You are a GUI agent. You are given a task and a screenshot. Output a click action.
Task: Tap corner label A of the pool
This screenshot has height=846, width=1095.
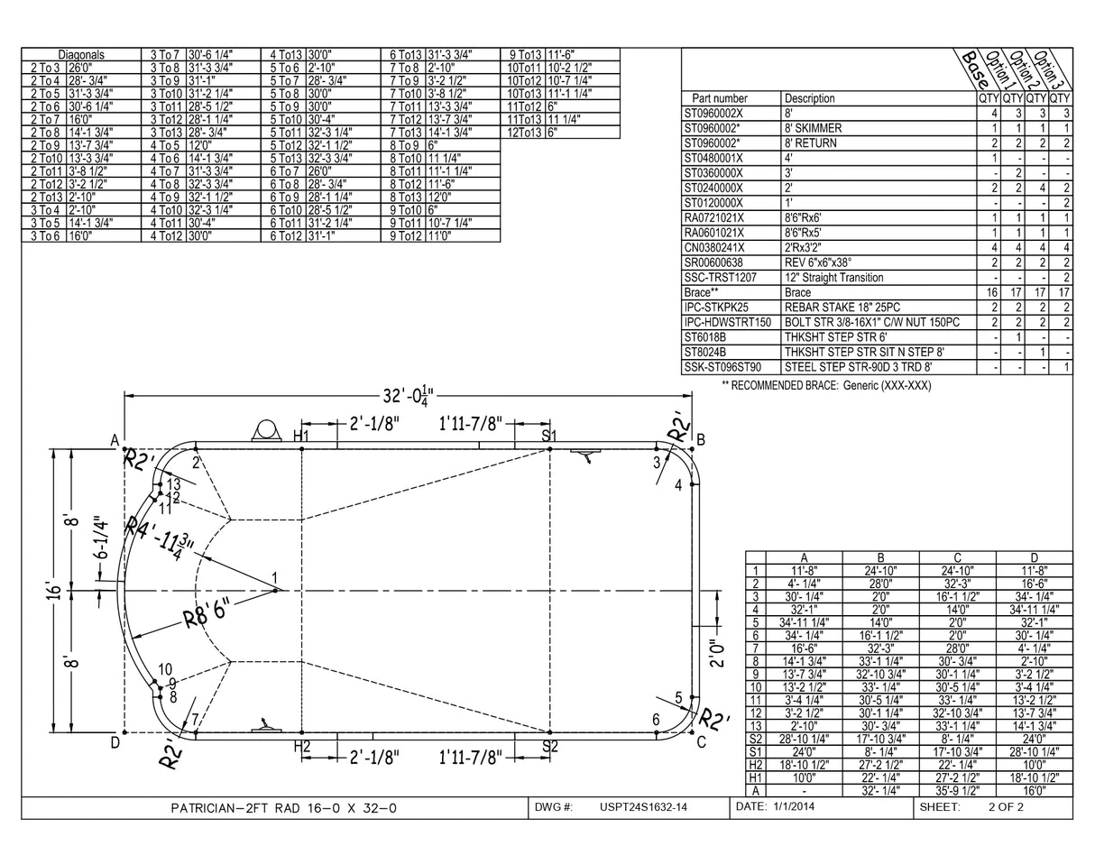pyautogui.click(x=115, y=440)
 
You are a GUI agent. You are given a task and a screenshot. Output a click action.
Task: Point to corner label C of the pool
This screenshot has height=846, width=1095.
pyautogui.click(x=701, y=742)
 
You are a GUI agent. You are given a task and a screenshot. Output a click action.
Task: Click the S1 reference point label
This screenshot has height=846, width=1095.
pyautogui.click(x=549, y=437)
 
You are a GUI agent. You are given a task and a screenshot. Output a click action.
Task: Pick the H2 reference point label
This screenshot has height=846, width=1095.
pyautogui.click(x=302, y=746)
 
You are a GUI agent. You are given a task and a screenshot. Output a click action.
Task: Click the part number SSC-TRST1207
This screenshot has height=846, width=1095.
pyautogui.click(x=721, y=278)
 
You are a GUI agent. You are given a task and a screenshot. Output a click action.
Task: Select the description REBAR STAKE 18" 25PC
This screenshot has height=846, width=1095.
pyautogui.click(x=842, y=308)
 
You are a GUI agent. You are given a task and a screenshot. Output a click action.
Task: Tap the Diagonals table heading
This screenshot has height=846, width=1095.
pyautogui.click(x=81, y=55)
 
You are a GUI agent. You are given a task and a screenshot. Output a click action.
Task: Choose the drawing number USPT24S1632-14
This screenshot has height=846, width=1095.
pyautogui.click(x=643, y=807)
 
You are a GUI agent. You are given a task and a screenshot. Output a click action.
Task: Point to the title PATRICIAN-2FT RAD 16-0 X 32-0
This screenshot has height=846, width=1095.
pyautogui.click(x=283, y=808)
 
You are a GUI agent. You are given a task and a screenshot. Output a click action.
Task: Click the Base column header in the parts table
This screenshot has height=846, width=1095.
pyautogui.click(x=974, y=65)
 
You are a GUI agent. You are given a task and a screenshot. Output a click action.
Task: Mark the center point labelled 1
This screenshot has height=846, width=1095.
pyautogui.click(x=274, y=578)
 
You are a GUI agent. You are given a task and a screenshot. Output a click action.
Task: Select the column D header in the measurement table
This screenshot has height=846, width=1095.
pyautogui.click(x=1034, y=557)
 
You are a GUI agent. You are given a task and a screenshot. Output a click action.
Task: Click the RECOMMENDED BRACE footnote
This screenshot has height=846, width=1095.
pyautogui.click(x=825, y=385)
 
